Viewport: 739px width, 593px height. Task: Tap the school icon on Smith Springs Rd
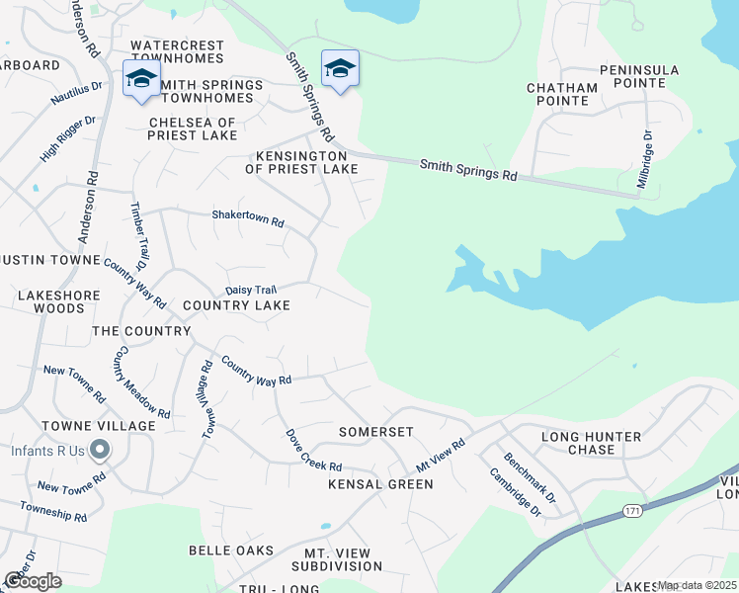pyautogui.click(x=340, y=69)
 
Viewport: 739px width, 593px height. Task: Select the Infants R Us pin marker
pyautogui.click(x=100, y=452)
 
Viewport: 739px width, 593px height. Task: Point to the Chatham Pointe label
pyautogui.click(x=562, y=95)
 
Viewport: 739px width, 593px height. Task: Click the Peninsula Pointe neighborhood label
pyautogui.click(x=640, y=76)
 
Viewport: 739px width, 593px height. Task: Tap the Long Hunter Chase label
pyautogui.click(x=592, y=443)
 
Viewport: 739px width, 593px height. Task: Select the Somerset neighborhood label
pyautogui.click(x=375, y=432)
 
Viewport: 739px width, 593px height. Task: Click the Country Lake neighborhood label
pyautogui.click(x=236, y=305)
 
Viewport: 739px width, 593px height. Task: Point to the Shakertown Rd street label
pyautogui.click(x=248, y=218)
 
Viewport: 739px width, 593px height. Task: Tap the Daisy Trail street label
pyautogui.click(x=251, y=290)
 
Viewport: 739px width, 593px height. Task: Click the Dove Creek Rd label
pyautogui.click(x=313, y=450)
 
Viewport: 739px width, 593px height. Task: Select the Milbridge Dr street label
pyautogui.click(x=644, y=160)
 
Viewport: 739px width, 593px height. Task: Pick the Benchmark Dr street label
pyautogui.click(x=531, y=474)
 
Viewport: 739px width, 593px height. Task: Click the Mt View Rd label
pyautogui.click(x=440, y=456)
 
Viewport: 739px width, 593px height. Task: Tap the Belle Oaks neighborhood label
pyautogui.click(x=231, y=549)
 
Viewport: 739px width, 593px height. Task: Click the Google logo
pyautogui.click(x=34, y=581)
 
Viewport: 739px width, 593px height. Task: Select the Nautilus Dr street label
pyautogui.click(x=77, y=94)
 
